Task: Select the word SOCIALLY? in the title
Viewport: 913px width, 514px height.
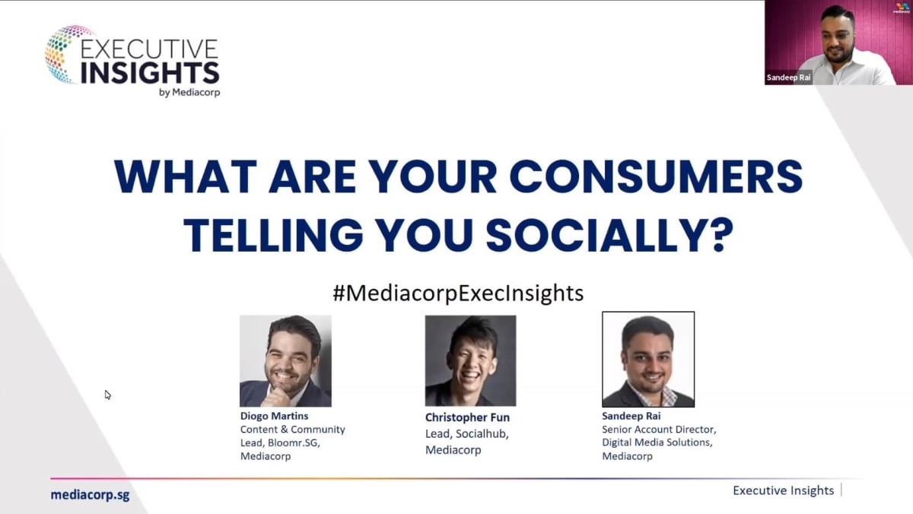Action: click(x=609, y=236)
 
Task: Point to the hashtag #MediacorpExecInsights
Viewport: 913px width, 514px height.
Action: click(x=458, y=293)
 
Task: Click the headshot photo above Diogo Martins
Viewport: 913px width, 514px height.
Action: click(x=285, y=361)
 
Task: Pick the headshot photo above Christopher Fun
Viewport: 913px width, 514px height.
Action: click(x=470, y=361)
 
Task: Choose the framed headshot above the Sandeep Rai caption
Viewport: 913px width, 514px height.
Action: click(x=648, y=360)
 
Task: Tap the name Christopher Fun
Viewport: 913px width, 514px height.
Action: click(x=467, y=417)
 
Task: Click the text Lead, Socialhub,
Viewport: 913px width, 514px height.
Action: click(x=466, y=433)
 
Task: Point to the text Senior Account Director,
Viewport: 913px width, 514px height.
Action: click(x=659, y=430)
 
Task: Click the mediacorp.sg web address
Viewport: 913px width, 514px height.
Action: click(x=90, y=494)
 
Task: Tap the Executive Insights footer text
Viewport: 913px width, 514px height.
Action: click(x=783, y=490)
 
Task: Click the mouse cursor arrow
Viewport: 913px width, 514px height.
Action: click(x=107, y=395)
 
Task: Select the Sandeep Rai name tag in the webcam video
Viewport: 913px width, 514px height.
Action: click(x=788, y=78)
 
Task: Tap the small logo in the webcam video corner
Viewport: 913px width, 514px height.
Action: click(x=902, y=8)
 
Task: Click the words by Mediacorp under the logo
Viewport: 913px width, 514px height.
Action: click(x=189, y=93)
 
